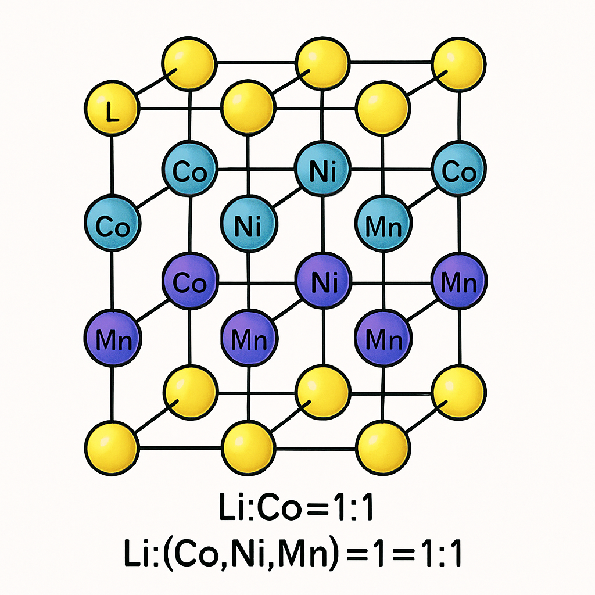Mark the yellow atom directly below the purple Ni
322,393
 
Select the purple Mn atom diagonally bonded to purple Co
112,338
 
